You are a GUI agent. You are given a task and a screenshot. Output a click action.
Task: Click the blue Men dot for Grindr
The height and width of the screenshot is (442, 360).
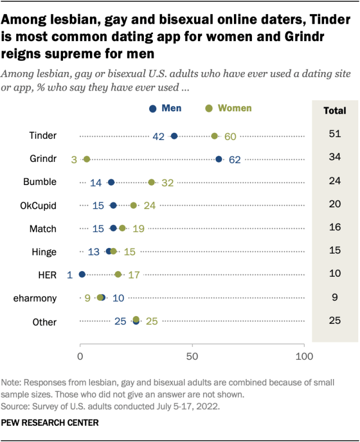click(x=219, y=159)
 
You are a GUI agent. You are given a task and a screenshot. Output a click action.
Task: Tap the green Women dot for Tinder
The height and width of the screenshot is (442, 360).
click(x=214, y=136)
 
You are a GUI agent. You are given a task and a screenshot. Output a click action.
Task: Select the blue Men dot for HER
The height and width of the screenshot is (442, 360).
click(x=82, y=274)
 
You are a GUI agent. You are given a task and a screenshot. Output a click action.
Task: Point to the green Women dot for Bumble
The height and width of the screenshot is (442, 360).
click(x=151, y=182)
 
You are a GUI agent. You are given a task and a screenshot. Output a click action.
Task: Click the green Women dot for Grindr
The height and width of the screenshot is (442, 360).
click(x=87, y=159)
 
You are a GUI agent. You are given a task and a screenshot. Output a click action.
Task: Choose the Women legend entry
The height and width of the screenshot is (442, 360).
click(x=228, y=108)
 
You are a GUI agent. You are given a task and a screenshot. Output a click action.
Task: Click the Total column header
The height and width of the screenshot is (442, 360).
click(x=335, y=111)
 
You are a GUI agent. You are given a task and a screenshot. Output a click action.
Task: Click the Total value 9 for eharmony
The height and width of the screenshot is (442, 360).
click(x=335, y=297)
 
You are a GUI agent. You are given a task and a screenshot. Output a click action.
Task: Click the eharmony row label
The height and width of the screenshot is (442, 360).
click(x=36, y=297)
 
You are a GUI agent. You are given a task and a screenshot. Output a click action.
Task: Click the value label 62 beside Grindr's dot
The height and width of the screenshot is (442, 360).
click(x=235, y=160)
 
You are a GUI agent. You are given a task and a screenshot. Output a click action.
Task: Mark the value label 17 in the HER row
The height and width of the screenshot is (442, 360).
click(x=134, y=275)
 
